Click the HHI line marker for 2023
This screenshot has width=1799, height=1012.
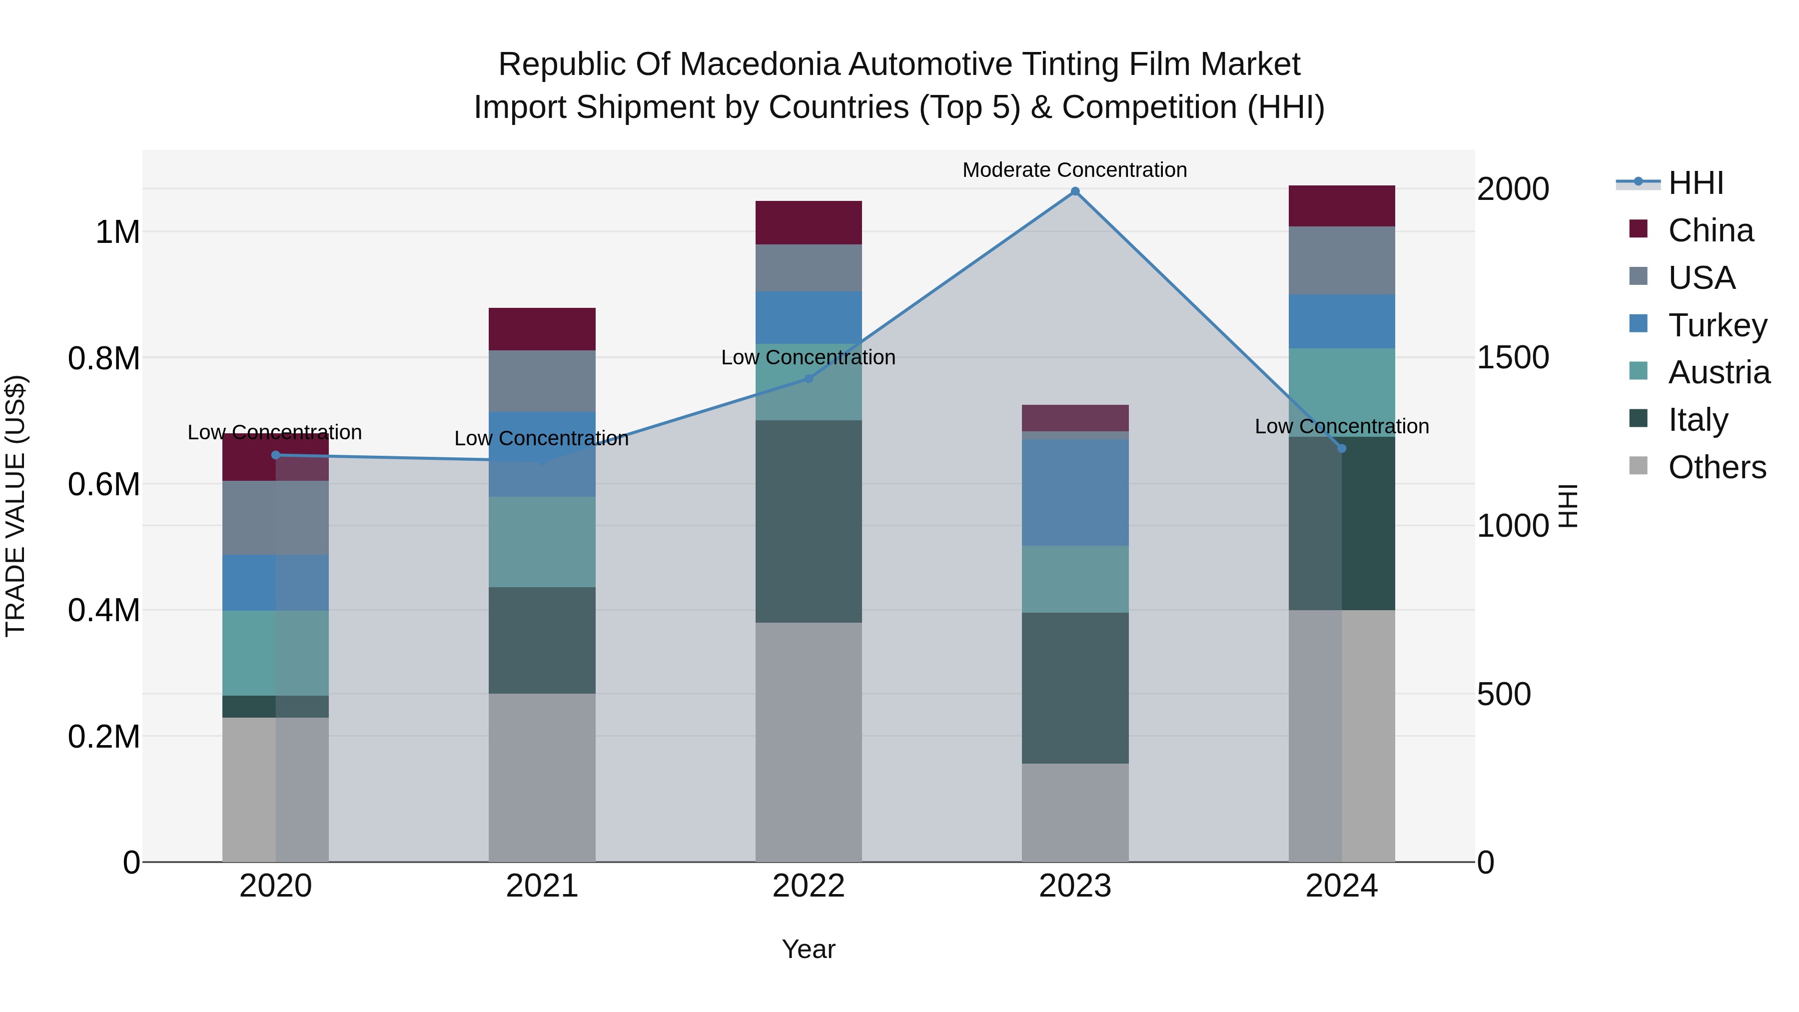(x=1075, y=191)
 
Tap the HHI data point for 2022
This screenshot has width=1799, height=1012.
(x=809, y=378)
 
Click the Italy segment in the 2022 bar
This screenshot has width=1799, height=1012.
(x=809, y=521)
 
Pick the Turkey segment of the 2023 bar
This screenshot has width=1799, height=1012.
(x=1075, y=492)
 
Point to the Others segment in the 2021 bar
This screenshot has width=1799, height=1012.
(x=542, y=777)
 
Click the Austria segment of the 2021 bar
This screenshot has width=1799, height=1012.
(x=542, y=542)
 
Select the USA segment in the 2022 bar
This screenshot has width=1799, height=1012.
(x=809, y=267)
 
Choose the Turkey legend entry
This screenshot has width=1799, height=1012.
(x=1717, y=325)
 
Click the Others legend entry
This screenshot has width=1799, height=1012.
(x=1717, y=467)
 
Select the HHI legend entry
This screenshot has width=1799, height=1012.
(x=1696, y=183)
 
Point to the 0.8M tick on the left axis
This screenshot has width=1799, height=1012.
(x=104, y=358)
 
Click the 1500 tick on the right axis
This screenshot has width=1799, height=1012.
(x=1513, y=358)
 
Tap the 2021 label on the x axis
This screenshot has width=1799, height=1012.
(x=542, y=886)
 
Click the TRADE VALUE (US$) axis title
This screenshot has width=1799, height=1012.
(x=16, y=506)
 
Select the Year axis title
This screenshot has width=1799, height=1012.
(x=808, y=949)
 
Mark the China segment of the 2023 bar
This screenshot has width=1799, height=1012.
(x=1075, y=418)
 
